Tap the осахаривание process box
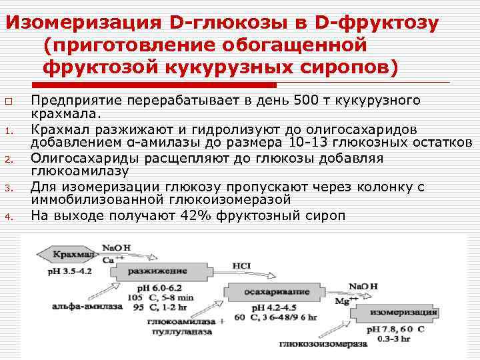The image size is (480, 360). click(x=267, y=291)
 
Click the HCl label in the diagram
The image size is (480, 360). click(x=241, y=265)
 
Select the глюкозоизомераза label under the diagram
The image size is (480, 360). click(x=323, y=344)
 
